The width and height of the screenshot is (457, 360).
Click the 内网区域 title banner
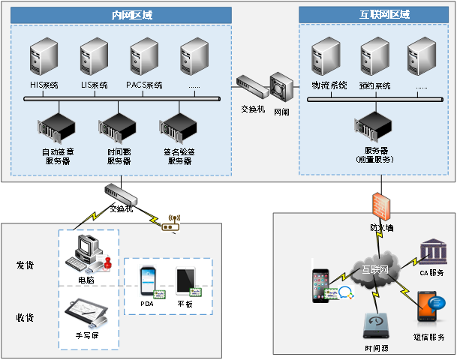[x=121, y=14]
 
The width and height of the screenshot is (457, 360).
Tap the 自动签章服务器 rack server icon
[x=56, y=129]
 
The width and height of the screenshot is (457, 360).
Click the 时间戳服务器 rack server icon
[x=118, y=129]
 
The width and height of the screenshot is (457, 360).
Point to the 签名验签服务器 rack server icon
[x=179, y=129]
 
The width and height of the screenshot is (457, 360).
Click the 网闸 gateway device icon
[x=281, y=88]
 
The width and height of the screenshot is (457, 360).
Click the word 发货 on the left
[x=26, y=265]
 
